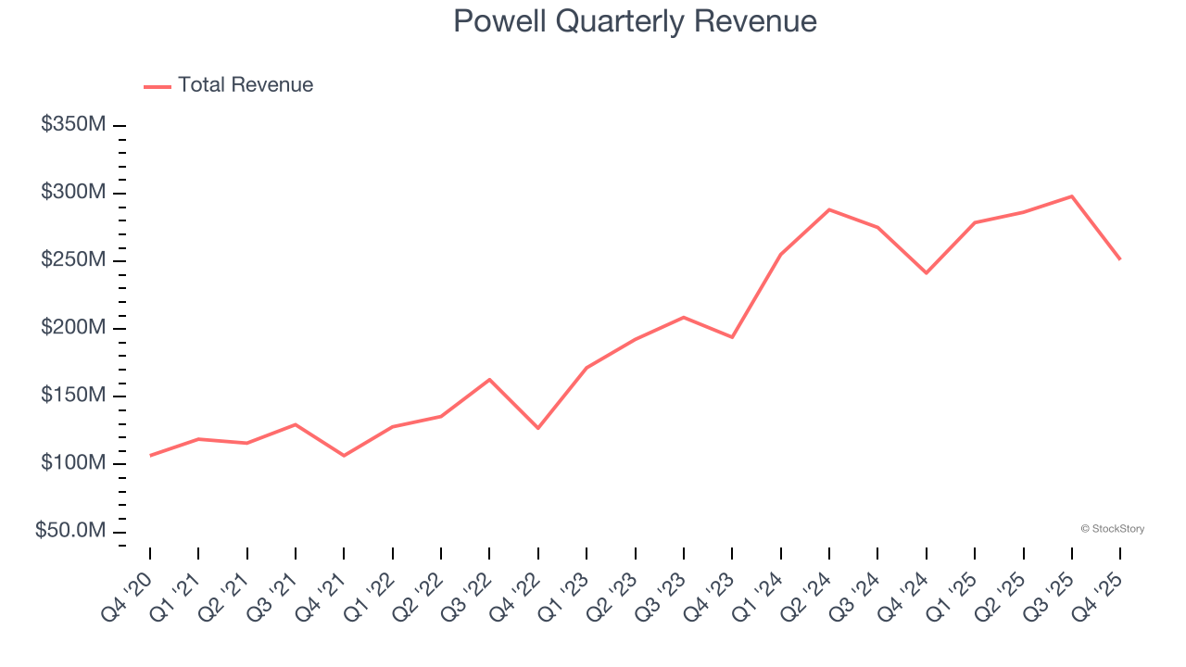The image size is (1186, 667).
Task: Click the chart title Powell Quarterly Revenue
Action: (x=635, y=21)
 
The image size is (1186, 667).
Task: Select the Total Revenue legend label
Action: (x=246, y=85)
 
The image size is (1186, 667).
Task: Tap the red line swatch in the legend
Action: (x=158, y=86)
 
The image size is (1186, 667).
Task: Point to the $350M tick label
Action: (x=73, y=125)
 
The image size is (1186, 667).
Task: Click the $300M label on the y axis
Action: (x=73, y=193)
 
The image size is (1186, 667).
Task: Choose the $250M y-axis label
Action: (x=73, y=260)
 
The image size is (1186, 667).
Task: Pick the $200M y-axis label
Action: (x=73, y=328)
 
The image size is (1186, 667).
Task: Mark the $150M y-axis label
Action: (x=73, y=396)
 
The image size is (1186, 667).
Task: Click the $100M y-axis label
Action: (x=73, y=463)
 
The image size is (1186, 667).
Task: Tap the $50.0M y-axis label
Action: (x=70, y=531)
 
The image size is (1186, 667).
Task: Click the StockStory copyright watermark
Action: (x=1112, y=529)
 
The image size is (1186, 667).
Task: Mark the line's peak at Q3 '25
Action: (x=1072, y=196)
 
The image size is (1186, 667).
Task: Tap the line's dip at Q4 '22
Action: (x=538, y=428)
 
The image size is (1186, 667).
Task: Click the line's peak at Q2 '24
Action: (x=829, y=209)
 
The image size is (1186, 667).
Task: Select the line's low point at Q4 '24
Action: (x=926, y=273)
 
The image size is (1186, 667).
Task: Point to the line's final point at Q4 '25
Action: (x=1120, y=258)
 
